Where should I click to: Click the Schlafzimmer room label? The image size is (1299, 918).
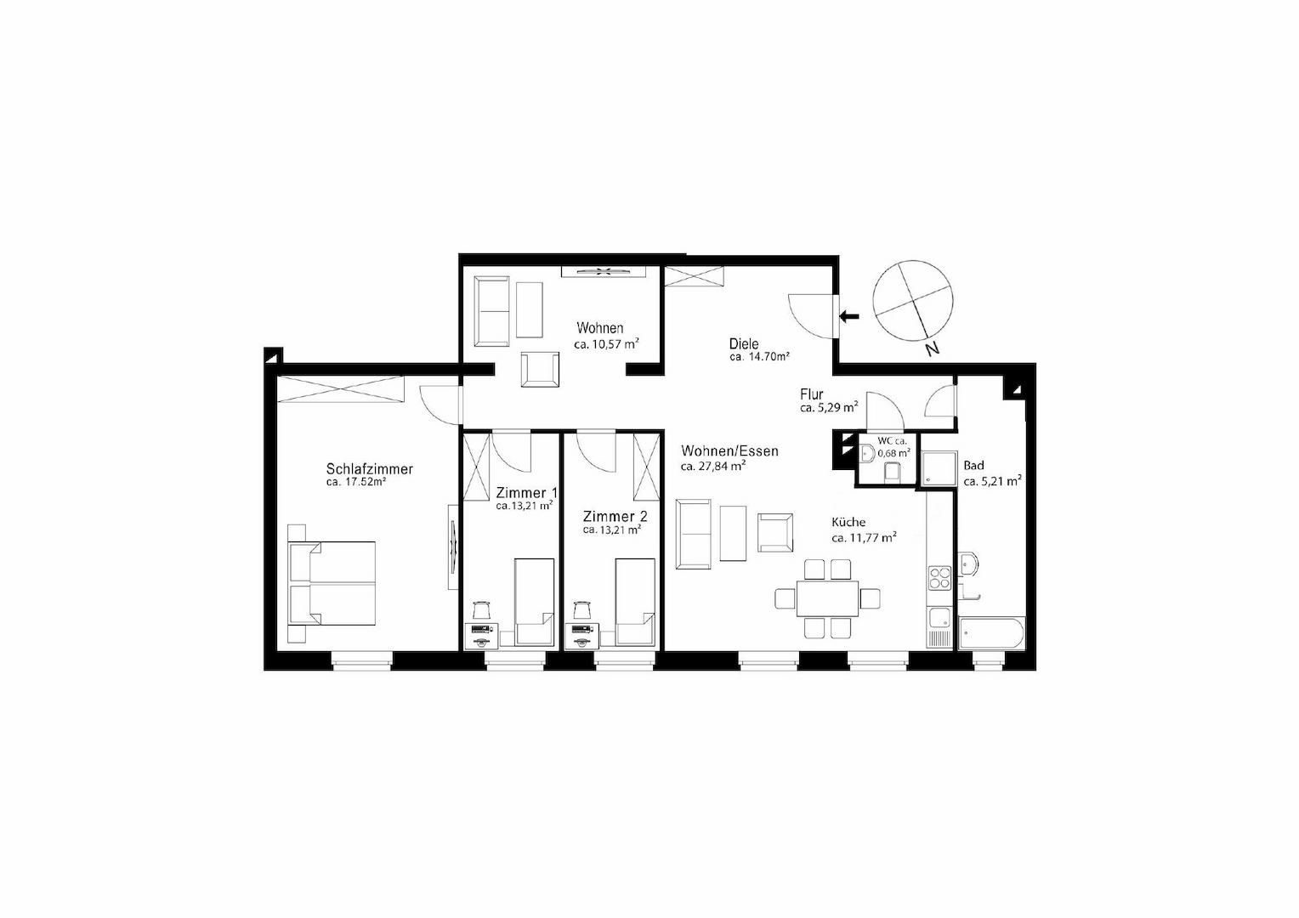click(369, 469)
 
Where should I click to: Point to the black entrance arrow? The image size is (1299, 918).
click(849, 317)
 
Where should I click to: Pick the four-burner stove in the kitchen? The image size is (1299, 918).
click(939, 578)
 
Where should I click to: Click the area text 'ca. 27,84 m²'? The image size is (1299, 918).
click(713, 466)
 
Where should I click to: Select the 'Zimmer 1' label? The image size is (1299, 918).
click(526, 492)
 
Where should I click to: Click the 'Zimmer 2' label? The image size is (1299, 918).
click(615, 516)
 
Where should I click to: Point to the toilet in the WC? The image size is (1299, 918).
click(892, 473)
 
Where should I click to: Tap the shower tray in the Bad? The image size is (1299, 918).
click(939, 468)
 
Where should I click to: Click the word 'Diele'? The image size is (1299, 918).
click(744, 343)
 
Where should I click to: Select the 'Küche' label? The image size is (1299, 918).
click(848, 523)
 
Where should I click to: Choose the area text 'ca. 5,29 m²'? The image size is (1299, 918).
click(828, 408)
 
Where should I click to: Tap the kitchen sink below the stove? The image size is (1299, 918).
click(939, 617)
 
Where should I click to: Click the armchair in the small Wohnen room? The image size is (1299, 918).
click(541, 370)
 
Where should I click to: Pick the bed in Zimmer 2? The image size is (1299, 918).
click(634, 602)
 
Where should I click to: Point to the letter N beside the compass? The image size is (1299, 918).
click(933, 348)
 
